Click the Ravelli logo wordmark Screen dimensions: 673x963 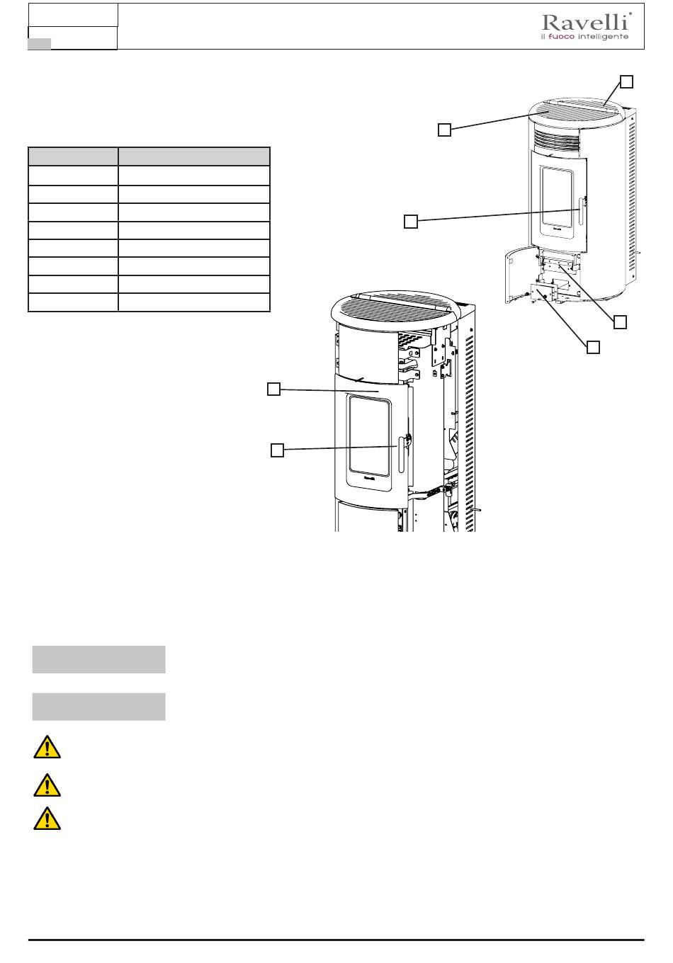[586, 22]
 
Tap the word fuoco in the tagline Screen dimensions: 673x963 [561, 37]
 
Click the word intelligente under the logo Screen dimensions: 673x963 [603, 37]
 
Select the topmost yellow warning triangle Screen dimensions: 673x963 [47, 746]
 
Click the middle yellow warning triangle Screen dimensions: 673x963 [47, 785]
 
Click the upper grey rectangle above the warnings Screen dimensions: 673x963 [99, 659]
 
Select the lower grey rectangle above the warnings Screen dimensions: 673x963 [99, 707]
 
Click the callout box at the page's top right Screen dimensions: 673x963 [626, 81]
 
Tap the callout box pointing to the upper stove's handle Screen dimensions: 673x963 [411, 222]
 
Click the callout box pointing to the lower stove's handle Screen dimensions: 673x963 [278, 450]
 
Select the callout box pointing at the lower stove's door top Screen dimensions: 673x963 [274, 389]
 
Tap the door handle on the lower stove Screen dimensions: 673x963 [401, 455]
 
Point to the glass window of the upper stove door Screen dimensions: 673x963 [558, 197]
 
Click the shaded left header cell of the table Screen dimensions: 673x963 [73, 156]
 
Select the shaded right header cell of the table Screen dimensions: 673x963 [194, 156]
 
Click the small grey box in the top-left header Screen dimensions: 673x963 [40, 43]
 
